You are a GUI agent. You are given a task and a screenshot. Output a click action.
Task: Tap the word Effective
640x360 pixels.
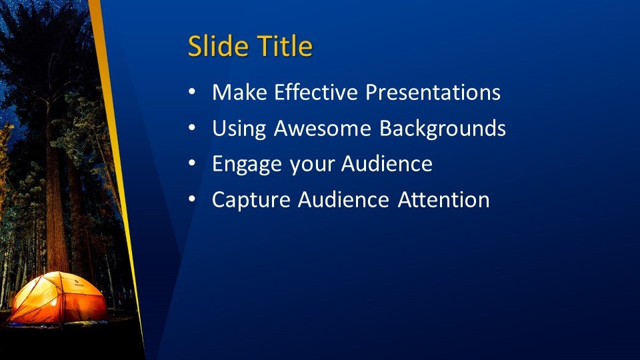point(316,92)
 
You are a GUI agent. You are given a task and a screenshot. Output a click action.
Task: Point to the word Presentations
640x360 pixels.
point(433,92)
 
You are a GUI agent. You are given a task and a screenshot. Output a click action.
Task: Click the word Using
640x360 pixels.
point(239,129)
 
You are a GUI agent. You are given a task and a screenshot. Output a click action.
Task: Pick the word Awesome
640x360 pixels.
point(323,128)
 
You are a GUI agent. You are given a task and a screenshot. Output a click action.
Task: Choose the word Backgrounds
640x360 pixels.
point(443,128)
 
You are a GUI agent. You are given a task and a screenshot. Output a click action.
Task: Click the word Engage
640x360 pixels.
point(247,165)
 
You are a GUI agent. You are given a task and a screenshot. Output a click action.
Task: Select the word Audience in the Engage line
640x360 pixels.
point(387,164)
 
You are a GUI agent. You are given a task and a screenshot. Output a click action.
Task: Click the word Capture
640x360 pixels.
point(251,200)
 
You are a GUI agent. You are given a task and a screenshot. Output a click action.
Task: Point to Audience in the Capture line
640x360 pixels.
point(343,199)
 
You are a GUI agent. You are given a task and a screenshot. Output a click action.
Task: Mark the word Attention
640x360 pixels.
point(444,199)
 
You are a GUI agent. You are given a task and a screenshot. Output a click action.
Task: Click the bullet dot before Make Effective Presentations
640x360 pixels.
point(192,92)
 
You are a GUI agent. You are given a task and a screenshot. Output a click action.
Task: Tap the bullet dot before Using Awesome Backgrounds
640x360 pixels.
point(192,128)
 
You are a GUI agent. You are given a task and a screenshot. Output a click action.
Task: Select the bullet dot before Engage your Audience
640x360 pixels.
point(192,164)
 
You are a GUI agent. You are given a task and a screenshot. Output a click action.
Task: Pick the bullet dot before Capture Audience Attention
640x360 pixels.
point(192,199)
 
